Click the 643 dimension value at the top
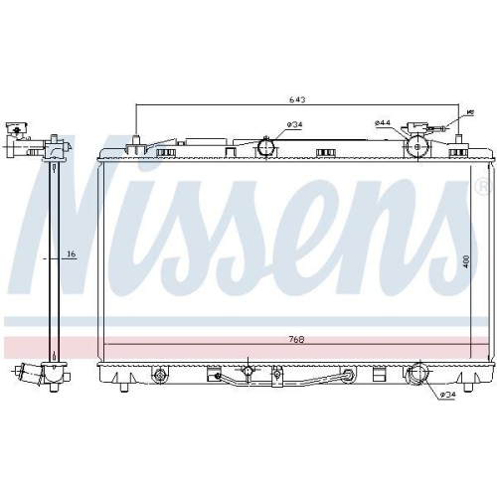click(x=295, y=99)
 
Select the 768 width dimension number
click(x=297, y=340)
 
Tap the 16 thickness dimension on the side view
click(x=71, y=254)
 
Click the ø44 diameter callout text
click(x=382, y=123)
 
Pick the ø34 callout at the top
click(x=294, y=124)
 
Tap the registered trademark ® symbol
click(x=480, y=185)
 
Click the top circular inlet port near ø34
click(x=265, y=148)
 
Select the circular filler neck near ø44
click(x=418, y=148)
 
